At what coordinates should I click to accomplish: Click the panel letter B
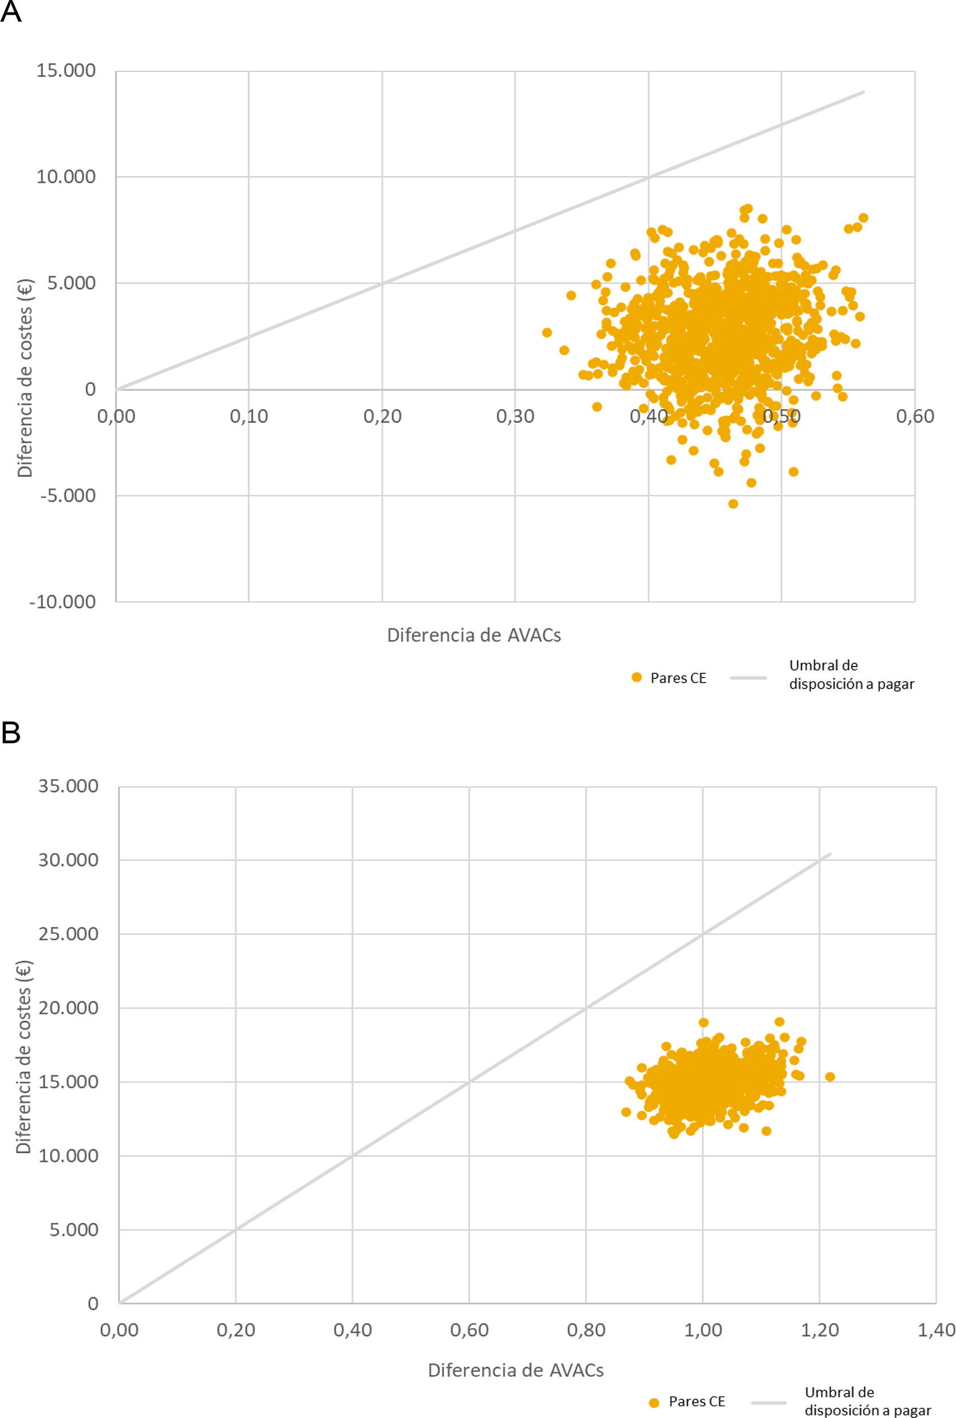click(11, 733)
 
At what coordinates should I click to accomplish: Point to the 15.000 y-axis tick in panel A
click(66, 71)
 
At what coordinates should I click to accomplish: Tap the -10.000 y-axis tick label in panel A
click(63, 602)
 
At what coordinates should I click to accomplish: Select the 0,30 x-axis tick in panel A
click(515, 416)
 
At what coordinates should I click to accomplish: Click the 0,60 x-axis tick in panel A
click(915, 416)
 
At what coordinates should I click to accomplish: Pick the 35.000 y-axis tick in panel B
click(68, 786)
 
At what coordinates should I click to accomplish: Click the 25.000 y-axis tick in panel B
click(68, 934)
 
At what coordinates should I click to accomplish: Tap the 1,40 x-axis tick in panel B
click(936, 1330)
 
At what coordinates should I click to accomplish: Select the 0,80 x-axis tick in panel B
click(586, 1330)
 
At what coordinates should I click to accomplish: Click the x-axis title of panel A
click(474, 635)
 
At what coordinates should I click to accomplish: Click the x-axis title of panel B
click(516, 1370)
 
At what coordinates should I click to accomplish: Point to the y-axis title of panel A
click(25, 378)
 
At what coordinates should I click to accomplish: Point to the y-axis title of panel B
click(24, 1058)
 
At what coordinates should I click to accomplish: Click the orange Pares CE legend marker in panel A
click(637, 677)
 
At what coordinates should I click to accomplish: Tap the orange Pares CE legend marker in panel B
click(654, 1403)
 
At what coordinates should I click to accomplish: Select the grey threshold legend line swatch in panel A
click(747, 677)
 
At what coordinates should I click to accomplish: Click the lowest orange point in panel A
click(733, 504)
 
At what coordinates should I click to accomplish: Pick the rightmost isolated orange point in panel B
click(830, 1077)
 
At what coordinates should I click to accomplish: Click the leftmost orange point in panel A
click(547, 332)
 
